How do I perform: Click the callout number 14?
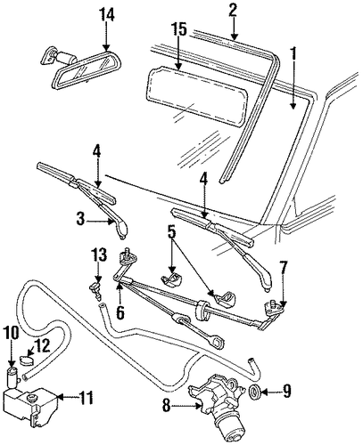[106, 14]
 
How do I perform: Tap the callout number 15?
[178, 29]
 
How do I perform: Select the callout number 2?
[233, 10]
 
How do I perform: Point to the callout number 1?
[293, 53]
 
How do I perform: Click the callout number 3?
[80, 221]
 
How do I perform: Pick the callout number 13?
[99, 255]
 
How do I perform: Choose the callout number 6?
[120, 312]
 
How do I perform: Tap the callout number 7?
[283, 268]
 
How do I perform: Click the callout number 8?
[167, 406]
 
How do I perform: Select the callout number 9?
[286, 392]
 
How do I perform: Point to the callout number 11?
[87, 398]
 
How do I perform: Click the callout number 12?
[43, 346]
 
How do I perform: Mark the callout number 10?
[12, 333]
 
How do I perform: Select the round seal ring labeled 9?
[255, 392]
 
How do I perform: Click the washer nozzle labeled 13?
[96, 291]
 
